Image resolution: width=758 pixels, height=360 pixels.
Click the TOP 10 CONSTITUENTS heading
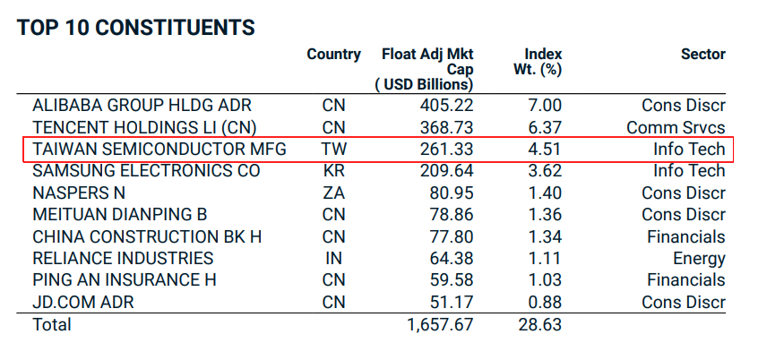click(x=135, y=28)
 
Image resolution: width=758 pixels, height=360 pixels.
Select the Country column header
click(x=333, y=55)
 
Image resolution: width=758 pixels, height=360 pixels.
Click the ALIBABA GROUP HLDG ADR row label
click(x=144, y=106)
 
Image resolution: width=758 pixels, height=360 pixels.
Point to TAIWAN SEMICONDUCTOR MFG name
click(x=159, y=149)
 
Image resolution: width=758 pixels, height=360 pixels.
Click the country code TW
click(x=333, y=149)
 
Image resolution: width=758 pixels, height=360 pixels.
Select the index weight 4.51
click(x=545, y=149)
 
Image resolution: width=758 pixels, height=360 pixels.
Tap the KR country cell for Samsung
click(x=333, y=170)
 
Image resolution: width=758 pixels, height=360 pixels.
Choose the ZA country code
click(x=333, y=193)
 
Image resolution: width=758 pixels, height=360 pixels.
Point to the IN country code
click(x=333, y=259)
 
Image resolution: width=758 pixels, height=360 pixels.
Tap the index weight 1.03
click(x=545, y=280)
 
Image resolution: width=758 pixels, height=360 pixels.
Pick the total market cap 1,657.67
click(x=439, y=324)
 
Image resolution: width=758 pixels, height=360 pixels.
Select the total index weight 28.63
click(x=540, y=324)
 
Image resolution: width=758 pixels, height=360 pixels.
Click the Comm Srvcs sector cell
click(x=676, y=127)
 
